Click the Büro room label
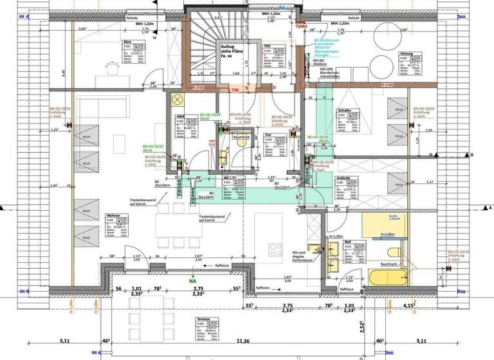127,42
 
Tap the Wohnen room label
114,216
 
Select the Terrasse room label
203,319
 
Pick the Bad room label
347,242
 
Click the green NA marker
192,281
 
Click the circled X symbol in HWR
178,100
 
